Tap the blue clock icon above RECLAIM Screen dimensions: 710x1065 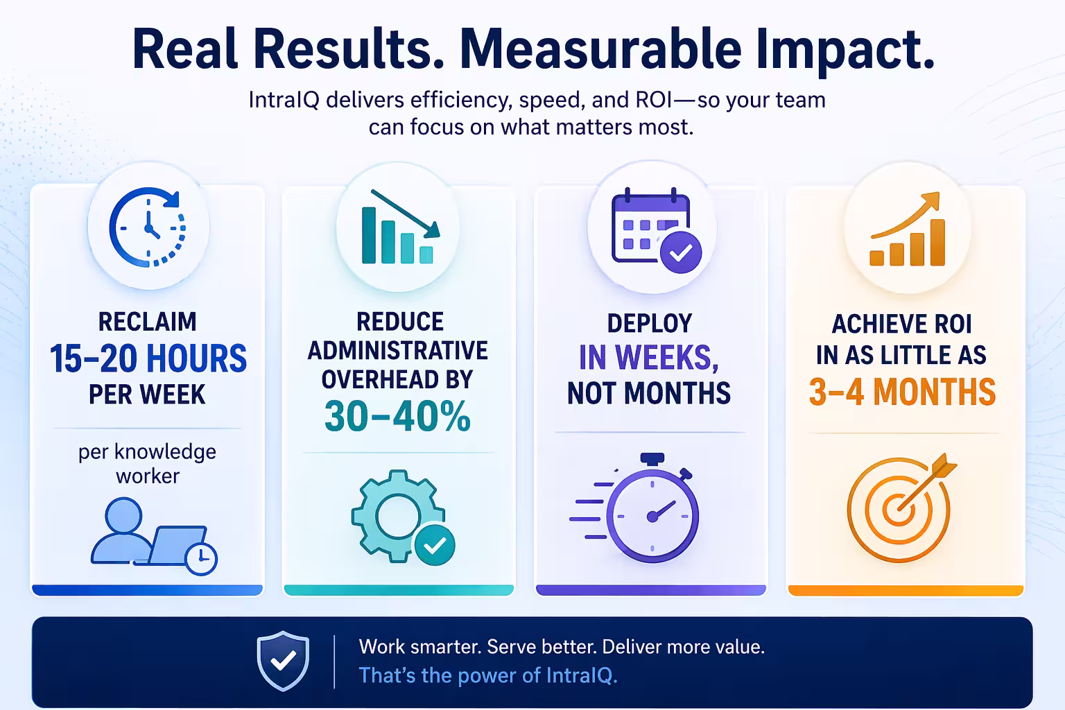tap(148, 227)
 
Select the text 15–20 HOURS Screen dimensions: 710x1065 tap(148, 358)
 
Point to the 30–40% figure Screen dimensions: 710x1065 tap(397, 416)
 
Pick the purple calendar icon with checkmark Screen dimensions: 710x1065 tap(655, 229)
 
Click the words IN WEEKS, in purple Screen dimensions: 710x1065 tap(649, 358)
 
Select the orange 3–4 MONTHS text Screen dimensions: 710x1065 tap(902, 392)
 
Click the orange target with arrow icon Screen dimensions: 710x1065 tap(900, 508)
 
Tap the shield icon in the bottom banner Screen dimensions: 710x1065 tap(283, 661)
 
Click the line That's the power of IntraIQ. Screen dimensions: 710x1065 tap(487, 675)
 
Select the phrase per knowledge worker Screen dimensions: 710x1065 tap(148, 464)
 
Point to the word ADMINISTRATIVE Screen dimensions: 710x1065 tap(397, 351)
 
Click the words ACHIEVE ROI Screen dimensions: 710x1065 tap(901, 324)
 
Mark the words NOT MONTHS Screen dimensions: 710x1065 tap(649, 393)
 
